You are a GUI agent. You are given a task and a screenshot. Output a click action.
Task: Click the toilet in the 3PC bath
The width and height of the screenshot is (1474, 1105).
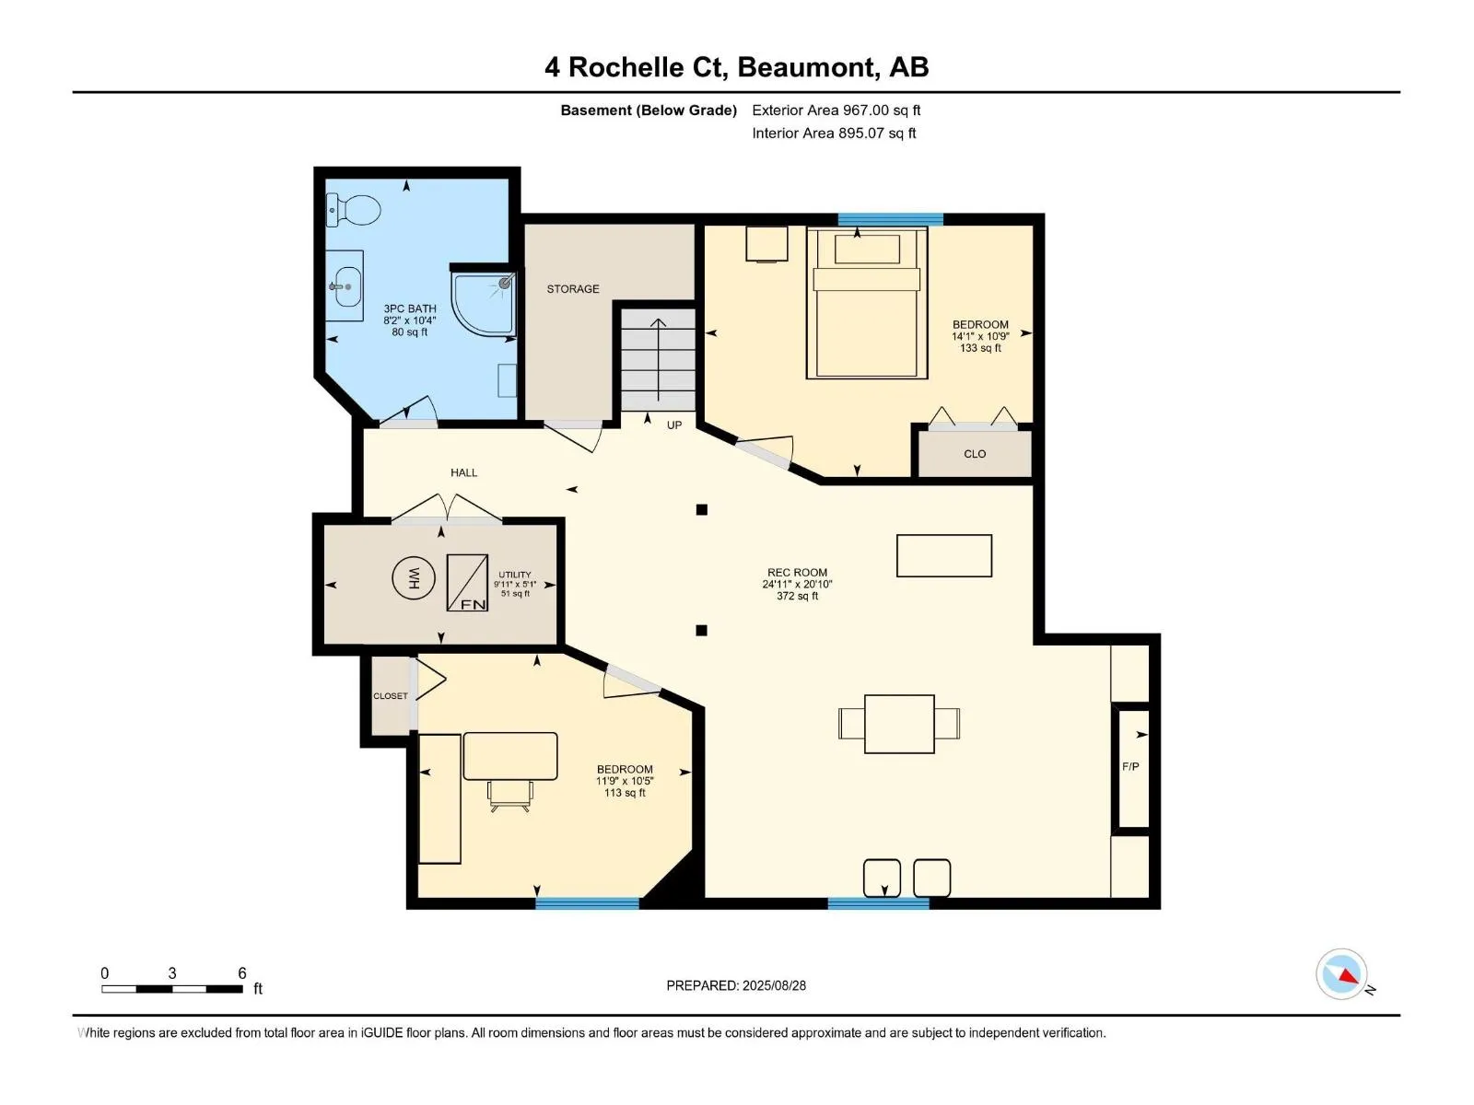pos(353,209)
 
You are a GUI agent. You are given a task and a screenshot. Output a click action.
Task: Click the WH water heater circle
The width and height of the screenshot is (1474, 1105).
pos(414,577)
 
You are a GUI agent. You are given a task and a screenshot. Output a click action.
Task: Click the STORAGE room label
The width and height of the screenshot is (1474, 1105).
pos(573,289)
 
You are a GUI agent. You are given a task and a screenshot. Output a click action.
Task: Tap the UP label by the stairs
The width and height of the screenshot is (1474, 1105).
pos(674,425)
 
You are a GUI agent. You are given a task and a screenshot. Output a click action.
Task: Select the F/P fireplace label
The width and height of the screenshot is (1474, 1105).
pos(1130,766)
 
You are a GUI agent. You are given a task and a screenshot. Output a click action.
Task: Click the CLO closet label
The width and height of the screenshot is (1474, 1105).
pos(975,454)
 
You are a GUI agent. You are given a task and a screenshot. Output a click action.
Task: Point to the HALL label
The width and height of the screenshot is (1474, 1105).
pos(464,473)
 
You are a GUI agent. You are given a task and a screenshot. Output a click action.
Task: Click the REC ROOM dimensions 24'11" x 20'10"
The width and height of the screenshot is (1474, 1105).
pos(797,585)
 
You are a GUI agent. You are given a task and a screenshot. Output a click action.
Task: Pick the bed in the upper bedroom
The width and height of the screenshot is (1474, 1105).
pos(866,303)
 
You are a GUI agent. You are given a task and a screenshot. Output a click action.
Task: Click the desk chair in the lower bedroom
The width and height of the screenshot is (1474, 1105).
pos(510,796)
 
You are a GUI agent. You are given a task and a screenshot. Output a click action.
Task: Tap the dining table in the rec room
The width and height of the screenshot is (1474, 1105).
pos(899,724)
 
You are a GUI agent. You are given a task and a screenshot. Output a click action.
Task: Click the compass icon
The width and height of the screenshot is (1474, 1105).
pos(1341,974)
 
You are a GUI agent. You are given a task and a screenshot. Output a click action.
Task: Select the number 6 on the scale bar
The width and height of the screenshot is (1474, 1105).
pos(242,972)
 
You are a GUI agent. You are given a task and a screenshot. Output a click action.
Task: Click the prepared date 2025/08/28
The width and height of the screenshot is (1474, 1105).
pos(774,985)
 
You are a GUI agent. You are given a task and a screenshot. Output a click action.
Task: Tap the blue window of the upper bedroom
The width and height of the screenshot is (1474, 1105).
pos(891,219)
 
